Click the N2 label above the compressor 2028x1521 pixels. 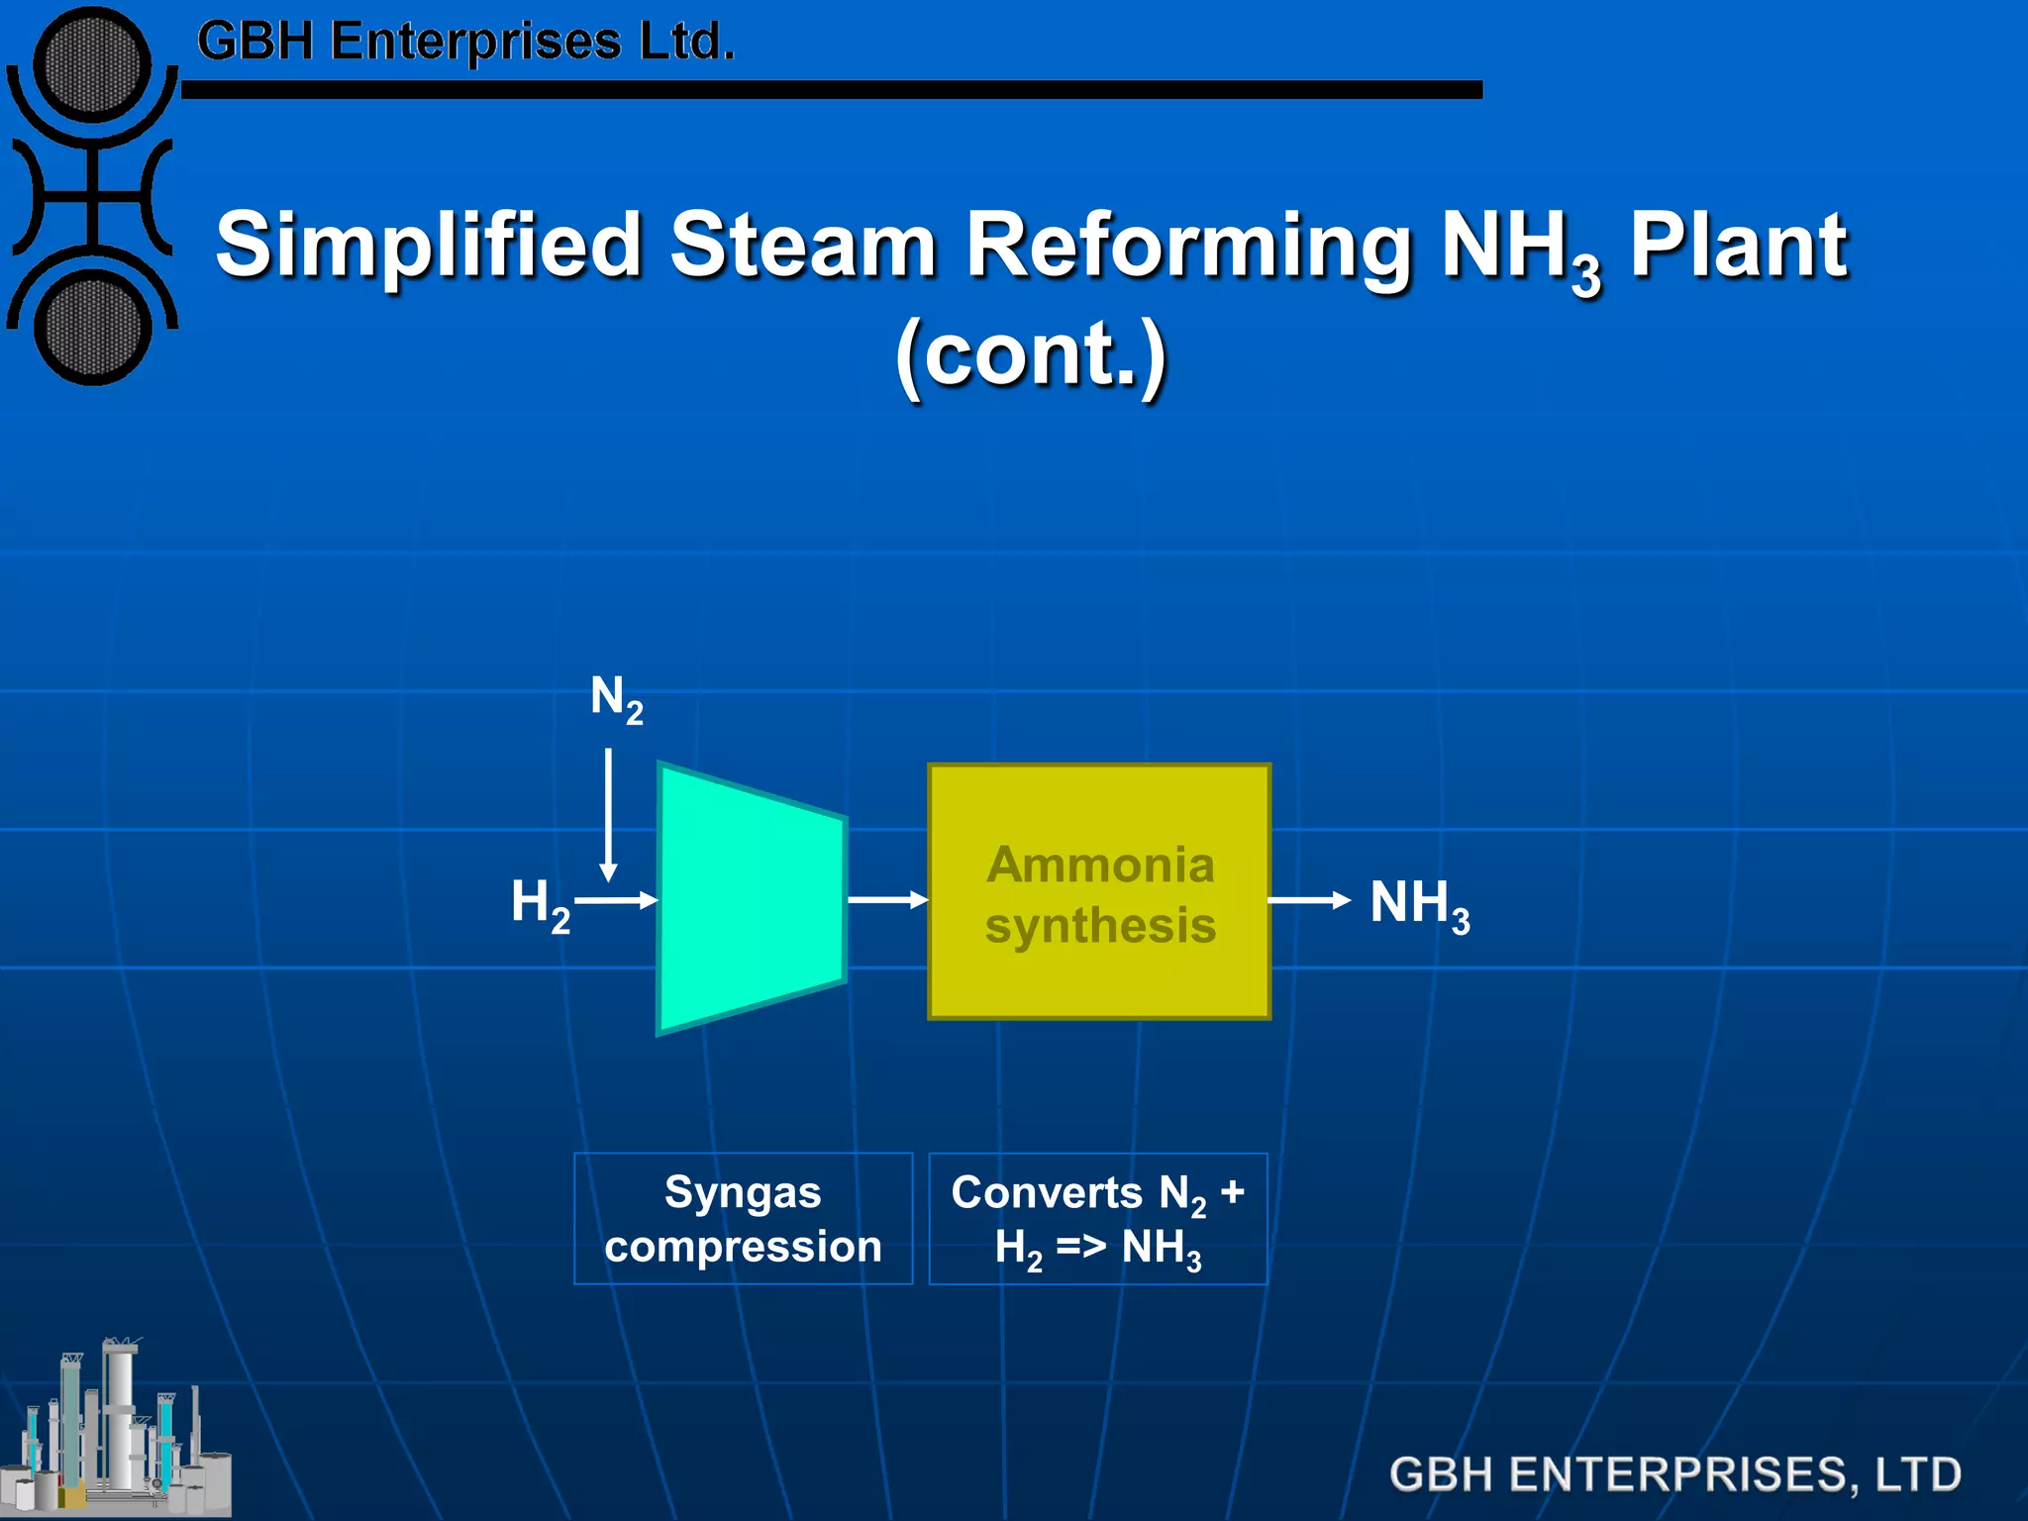(616, 699)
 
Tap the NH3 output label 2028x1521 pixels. (1419, 904)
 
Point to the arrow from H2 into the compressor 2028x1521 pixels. (616, 900)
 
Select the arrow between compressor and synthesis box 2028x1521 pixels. (887, 899)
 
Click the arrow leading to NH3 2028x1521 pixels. (1309, 899)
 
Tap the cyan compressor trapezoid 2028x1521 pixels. (750, 899)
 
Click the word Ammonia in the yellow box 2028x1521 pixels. (1100, 864)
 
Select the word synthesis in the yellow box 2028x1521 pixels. (1100, 926)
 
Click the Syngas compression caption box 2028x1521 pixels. (743, 1218)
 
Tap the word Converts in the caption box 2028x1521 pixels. (1047, 1192)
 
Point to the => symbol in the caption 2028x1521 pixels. (1080, 1246)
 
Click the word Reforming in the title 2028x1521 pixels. (1189, 245)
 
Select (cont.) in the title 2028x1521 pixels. (1031, 355)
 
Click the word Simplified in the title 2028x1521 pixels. (429, 245)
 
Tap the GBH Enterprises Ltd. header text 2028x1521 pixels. (465, 43)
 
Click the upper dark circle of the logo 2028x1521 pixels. (92, 65)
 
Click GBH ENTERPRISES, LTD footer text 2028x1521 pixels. (1674, 1473)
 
